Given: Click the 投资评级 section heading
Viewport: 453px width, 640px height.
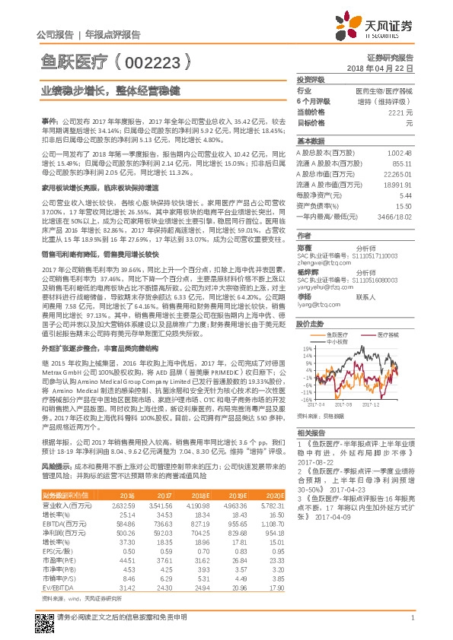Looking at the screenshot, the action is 311,79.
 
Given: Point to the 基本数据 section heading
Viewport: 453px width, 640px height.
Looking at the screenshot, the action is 311,141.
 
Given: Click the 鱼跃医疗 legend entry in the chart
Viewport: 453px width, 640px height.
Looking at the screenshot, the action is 336,312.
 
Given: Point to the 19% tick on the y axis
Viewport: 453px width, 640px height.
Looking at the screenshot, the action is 305,328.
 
